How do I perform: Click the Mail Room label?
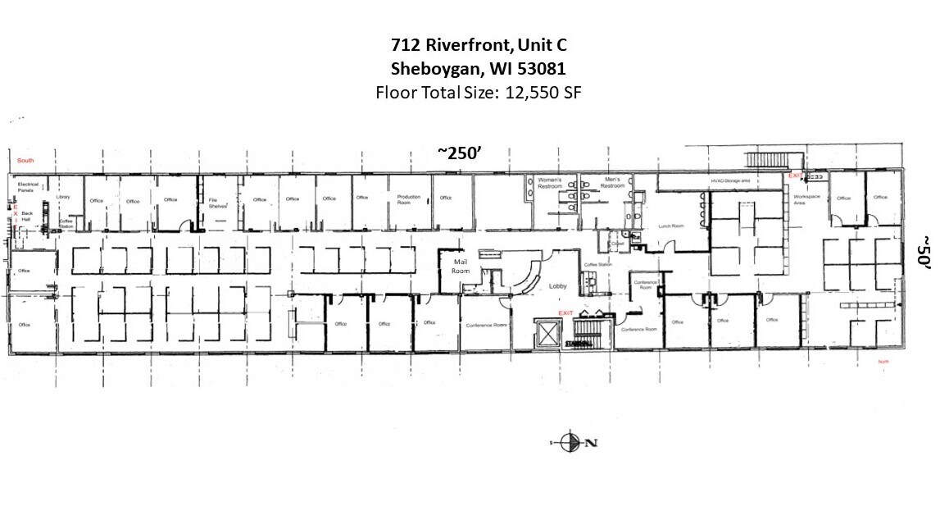pos(461,266)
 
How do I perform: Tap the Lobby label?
pos(558,286)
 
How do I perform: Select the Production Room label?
pos(409,199)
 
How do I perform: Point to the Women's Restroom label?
pos(549,182)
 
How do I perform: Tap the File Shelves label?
pos(216,203)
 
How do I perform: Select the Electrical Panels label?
pos(29,188)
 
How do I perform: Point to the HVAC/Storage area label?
pos(731,180)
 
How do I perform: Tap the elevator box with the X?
pos(546,334)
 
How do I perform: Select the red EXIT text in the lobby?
pos(565,313)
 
